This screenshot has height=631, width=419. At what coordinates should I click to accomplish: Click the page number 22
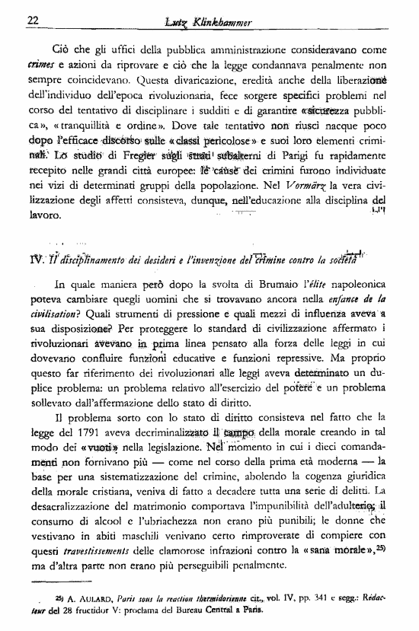click(x=32, y=20)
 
